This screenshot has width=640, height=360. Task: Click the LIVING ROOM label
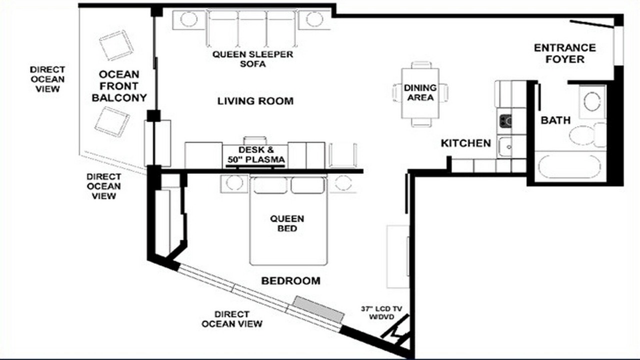pos(255,101)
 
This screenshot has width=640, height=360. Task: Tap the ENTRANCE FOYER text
pos(565,53)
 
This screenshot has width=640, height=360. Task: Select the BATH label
pos(555,120)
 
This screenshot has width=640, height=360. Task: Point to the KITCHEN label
pos(465,143)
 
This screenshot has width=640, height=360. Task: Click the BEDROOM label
pos(291,281)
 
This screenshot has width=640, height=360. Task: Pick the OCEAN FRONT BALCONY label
pos(119,86)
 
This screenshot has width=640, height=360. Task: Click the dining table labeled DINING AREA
pos(420,93)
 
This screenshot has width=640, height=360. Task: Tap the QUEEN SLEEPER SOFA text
pos(253,59)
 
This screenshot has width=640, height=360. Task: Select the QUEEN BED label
pos(287,223)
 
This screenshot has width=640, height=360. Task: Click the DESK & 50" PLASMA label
pos(256,154)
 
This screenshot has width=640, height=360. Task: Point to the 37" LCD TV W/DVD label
pos(381,313)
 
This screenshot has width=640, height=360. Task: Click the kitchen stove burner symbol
pos(505,120)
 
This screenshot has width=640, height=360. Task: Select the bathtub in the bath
pos(569,166)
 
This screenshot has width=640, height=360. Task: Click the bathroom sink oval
pos(592,101)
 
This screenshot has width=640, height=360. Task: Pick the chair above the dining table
pos(421,65)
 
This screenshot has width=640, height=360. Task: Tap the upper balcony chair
pos(116,45)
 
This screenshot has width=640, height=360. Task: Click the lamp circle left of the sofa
pos(189,19)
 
